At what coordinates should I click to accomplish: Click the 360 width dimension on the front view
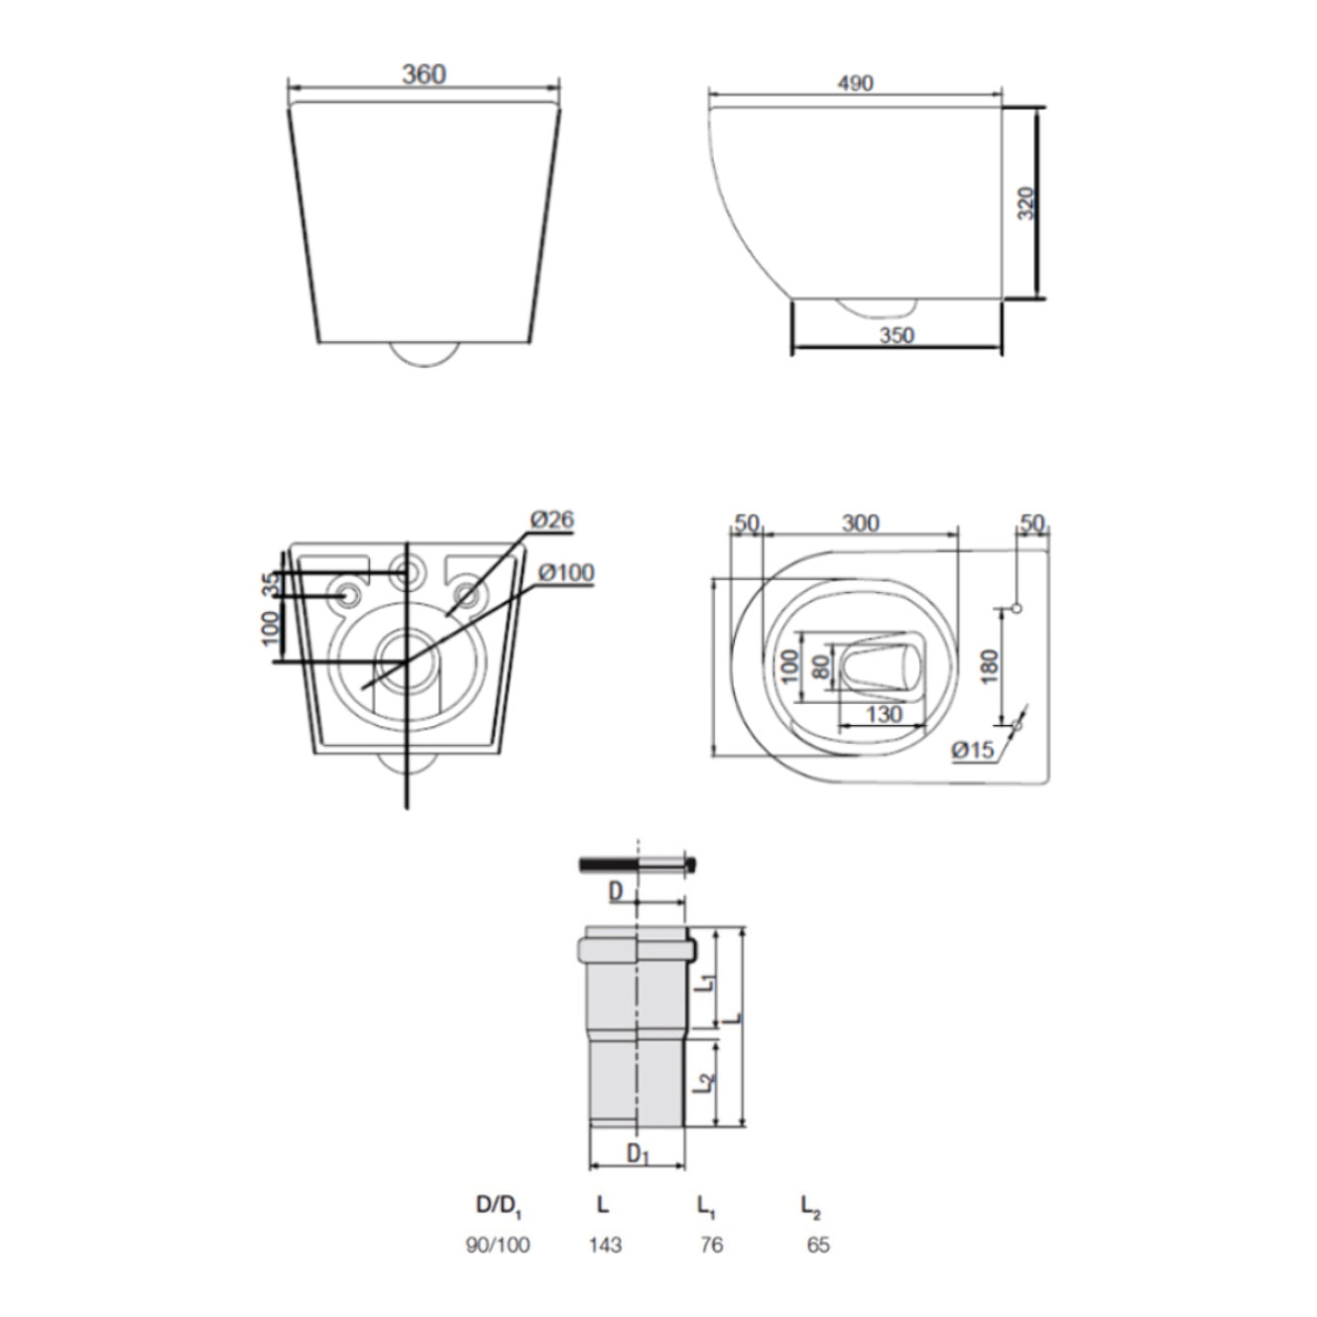point(423,74)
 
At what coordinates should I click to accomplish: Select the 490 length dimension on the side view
point(855,83)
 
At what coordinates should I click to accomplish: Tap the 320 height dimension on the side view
point(1026,203)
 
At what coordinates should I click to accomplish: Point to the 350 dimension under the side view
point(896,335)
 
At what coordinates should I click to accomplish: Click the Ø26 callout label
point(551,519)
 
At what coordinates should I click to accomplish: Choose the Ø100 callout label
point(565,572)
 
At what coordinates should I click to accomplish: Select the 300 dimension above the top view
point(860,523)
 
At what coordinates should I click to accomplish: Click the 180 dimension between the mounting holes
point(989,665)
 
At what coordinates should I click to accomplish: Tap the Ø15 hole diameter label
point(972,751)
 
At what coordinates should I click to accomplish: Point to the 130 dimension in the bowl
point(883,714)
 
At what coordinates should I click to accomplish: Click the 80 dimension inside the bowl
point(821,665)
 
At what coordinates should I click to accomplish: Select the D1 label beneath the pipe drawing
point(638,1153)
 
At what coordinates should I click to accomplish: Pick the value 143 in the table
point(604,1245)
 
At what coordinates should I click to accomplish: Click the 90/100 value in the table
point(498,1245)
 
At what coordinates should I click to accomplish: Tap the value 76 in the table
point(711,1245)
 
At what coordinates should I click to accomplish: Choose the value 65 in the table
point(817,1245)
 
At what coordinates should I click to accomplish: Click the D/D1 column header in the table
point(498,1206)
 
